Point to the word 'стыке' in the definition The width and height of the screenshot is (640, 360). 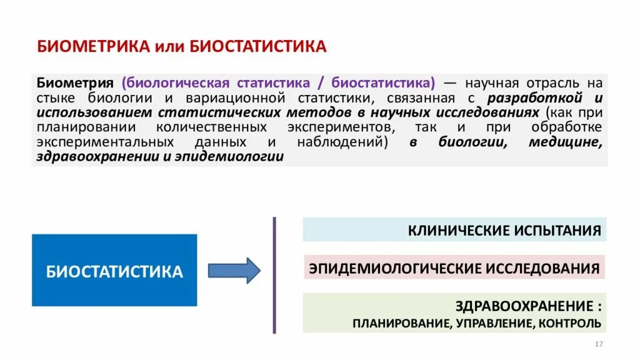[55, 98]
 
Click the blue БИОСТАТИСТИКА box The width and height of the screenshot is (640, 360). [114, 271]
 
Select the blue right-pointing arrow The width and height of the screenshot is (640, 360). [234, 270]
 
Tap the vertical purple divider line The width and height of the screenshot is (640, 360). [274, 275]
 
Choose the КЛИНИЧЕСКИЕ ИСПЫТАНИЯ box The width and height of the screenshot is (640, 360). [454, 229]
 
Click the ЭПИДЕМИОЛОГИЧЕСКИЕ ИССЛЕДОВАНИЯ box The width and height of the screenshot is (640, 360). [454, 269]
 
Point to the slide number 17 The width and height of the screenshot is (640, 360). [598, 345]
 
